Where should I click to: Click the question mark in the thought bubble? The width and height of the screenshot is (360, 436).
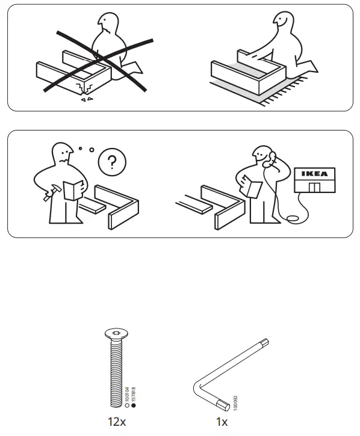click(x=108, y=162)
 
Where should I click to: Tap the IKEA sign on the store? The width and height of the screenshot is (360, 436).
click(x=315, y=174)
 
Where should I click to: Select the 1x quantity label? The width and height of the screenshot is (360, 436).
click(x=222, y=422)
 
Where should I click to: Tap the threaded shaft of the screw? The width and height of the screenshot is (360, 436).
click(x=114, y=373)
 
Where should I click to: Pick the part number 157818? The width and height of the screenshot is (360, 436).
click(x=134, y=395)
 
